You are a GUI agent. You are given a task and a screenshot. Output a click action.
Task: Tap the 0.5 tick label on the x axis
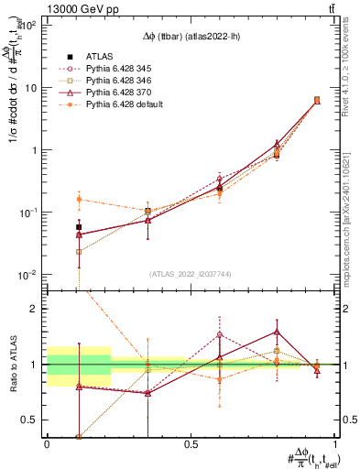191,443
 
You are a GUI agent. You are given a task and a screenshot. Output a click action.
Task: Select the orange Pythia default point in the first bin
79,199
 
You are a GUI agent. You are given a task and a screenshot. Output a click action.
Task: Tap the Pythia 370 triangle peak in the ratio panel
277,332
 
